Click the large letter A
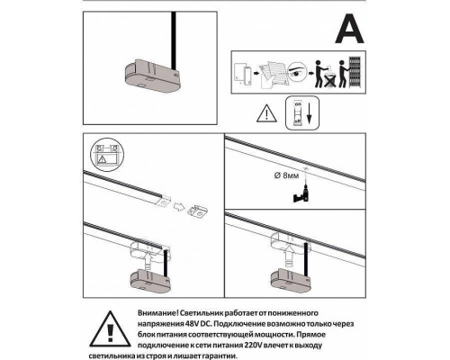tap(349, 29)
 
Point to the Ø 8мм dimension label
tap(286, 175)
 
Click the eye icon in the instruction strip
tap(298, 72)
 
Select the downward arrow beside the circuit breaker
tap(310, 113)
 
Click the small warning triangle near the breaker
tap(266, 114)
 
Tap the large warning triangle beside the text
tap(111, 328)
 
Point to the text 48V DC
tap(197, 324)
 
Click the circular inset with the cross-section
tap(107, 155)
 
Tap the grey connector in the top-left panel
tap(151, 76)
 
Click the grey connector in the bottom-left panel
tap(150, 280)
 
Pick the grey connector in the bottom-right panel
tap(292, 280)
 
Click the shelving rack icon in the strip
tap(355, 72)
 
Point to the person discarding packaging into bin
tap(323, 74)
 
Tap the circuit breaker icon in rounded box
tap(298, 113)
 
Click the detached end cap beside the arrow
tap(198, 211)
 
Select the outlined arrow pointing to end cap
tap(179, 206)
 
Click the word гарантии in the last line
tap(220, 356)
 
